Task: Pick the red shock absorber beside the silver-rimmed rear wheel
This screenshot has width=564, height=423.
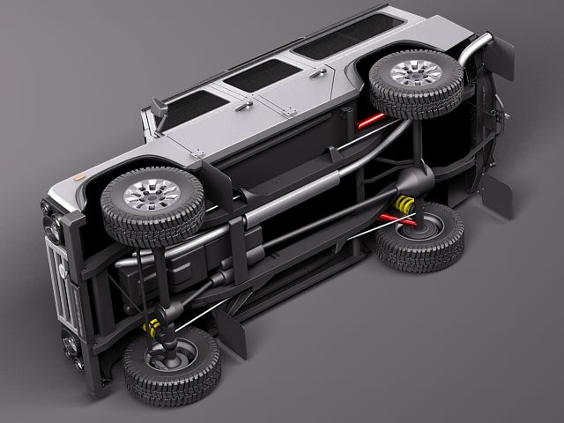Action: click(x=368, y=120)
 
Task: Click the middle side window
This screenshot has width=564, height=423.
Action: click(x=262, y=76)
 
